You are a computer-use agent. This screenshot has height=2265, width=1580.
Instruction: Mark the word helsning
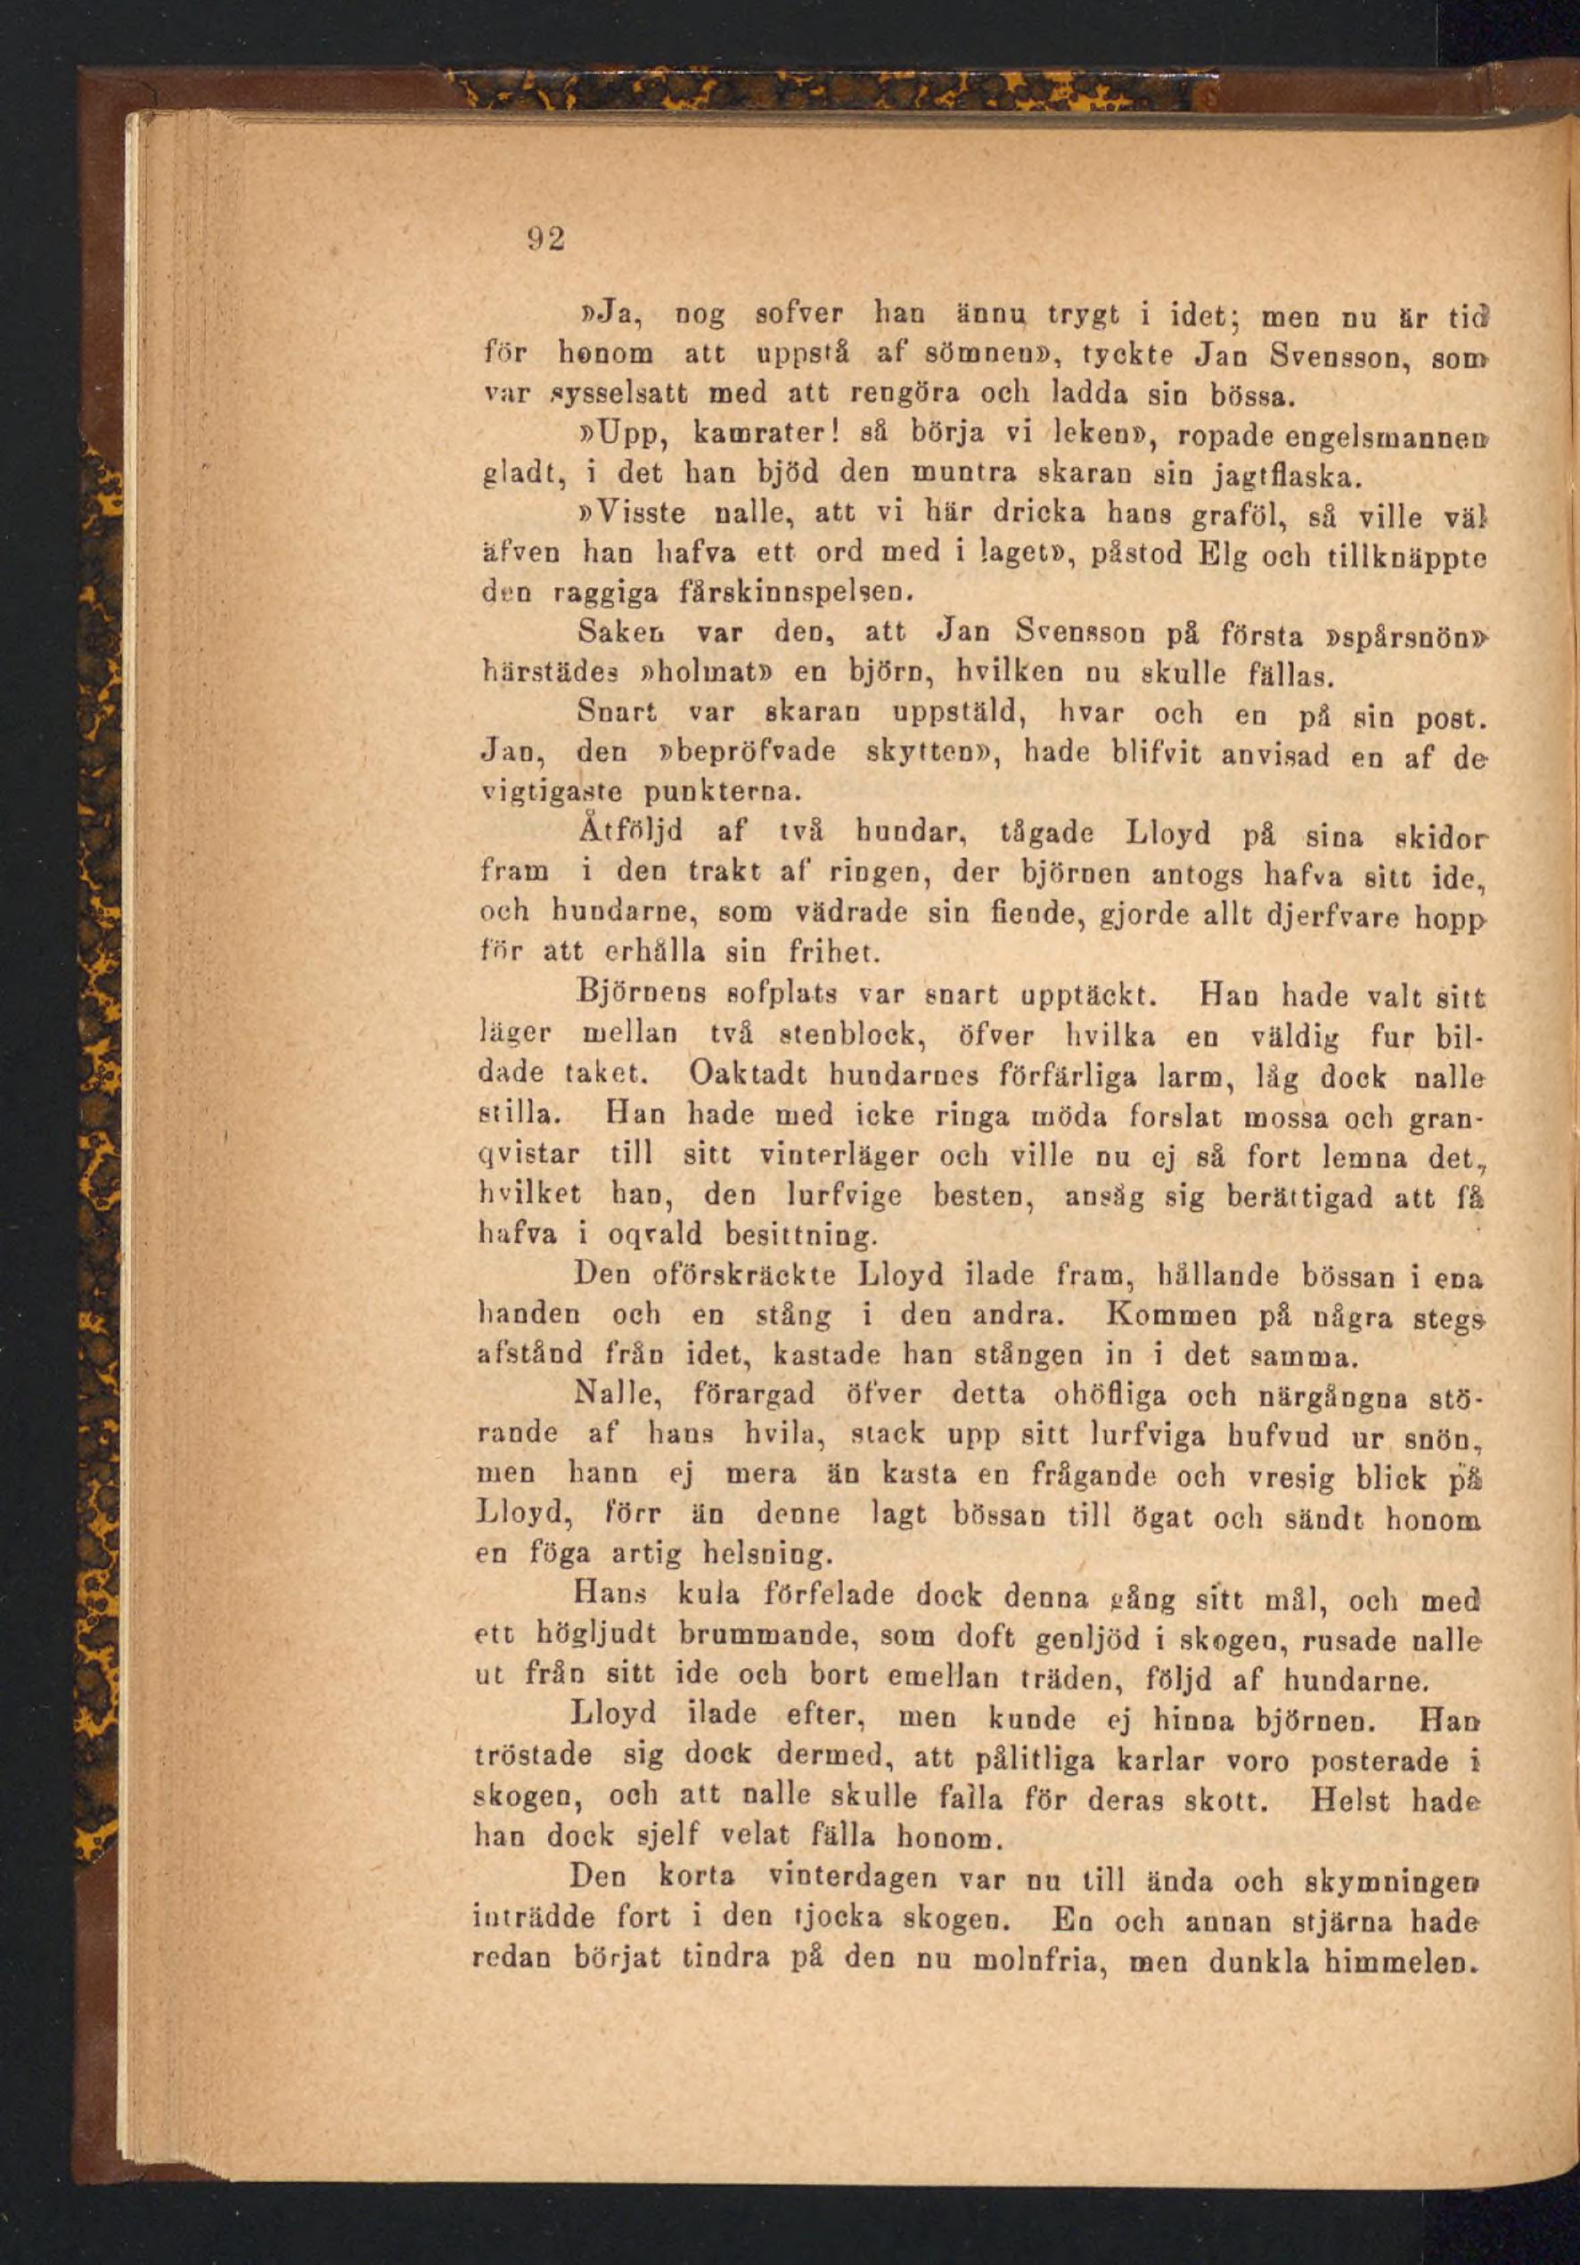[x=766, y=1556]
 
